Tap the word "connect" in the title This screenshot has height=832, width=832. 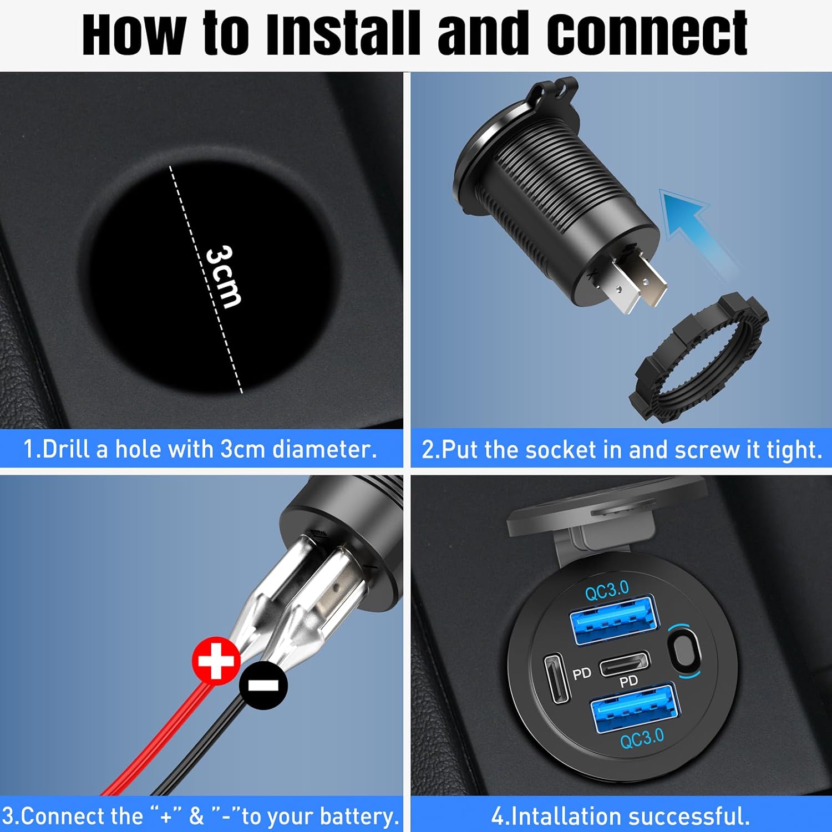(x=647, y=34)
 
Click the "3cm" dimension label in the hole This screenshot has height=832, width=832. (x=223, y=276)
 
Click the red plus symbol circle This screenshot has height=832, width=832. (x=216, y=661)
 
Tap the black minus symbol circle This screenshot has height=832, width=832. (x=263, y=685)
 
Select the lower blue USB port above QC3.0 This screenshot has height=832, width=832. (x=635, y=708)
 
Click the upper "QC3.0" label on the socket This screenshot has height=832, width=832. (x=607, y=590)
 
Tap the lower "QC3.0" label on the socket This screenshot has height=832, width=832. (x=642, y=739)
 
